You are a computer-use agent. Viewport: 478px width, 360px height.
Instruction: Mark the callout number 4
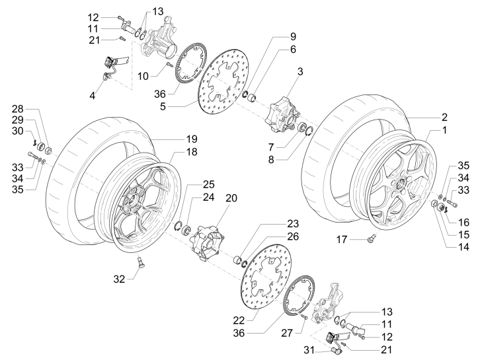pyautogui.click(x=93, y=95)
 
